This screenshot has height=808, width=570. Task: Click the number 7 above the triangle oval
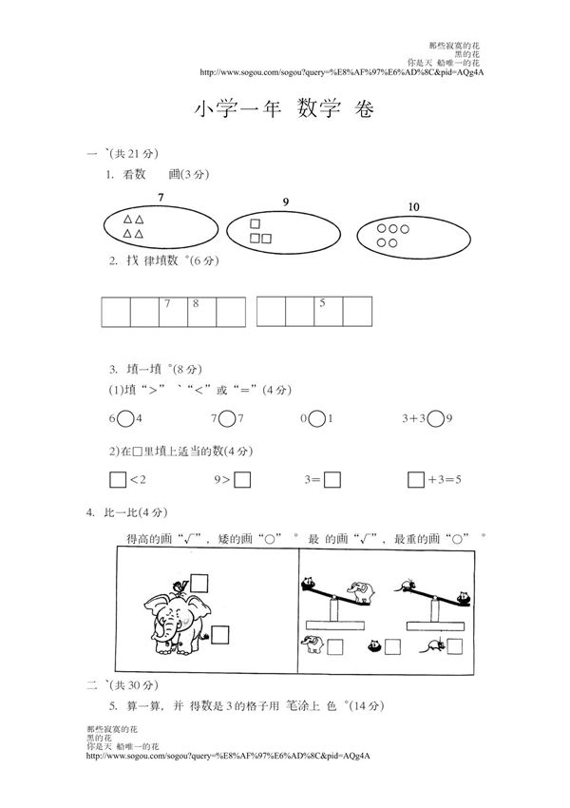[161, 197]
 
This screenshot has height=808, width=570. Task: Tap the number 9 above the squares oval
[286, 201]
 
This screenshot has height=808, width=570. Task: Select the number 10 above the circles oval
[413, 206]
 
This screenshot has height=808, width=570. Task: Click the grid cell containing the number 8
[200, 311]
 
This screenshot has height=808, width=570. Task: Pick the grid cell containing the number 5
[328, 311]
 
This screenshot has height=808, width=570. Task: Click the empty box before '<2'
[118, 480]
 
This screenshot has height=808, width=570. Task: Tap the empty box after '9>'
[242, 480]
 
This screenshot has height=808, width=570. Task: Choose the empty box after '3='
[332, 480]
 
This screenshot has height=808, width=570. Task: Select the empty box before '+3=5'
[415, 480]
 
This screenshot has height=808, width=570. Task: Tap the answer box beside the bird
[199, 581]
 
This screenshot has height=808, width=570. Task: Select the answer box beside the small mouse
[458, 646]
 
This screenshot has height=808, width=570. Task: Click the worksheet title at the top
[285, 109]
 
